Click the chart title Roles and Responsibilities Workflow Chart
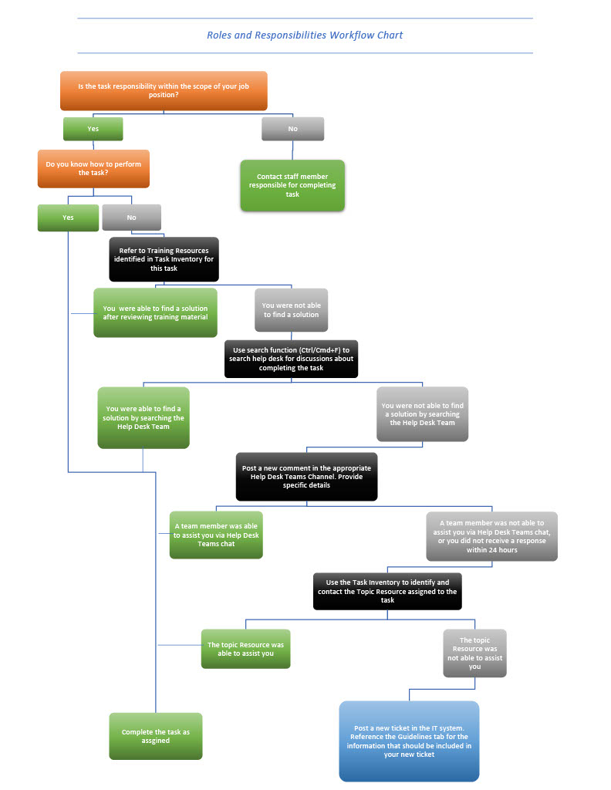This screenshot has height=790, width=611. click(305, 35)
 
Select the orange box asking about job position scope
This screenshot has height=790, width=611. click(164, 91)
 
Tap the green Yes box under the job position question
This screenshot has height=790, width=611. click(93, 129)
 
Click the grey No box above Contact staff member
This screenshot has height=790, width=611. click(292, 129)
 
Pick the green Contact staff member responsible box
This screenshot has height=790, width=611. click(292, 185)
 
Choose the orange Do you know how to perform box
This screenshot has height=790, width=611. click(93, 169)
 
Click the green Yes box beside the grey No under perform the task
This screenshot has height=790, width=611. click(68, 218)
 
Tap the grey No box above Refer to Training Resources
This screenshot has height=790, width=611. click(131, 218)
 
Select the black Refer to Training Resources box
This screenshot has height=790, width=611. click(164, 259)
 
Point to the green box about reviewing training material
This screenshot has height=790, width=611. click(155, 313)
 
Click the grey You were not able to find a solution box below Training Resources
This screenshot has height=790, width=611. click(291, 310)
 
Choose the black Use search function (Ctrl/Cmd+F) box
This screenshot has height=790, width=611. click(291, 359)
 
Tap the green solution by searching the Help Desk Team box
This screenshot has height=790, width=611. click(143, 417)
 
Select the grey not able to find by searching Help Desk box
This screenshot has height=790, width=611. click(423, 414)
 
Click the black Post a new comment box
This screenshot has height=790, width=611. click(307, 477)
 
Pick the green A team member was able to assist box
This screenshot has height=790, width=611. click(216, 535)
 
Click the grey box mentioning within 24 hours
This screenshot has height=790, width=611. click(491, 537)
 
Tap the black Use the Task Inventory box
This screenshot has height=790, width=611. click(387, 592)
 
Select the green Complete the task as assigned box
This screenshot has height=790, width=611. click(156, 736)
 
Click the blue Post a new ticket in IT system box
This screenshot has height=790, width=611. click(409, 741)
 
